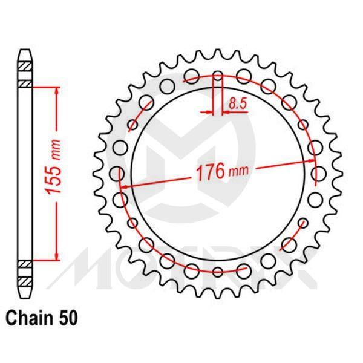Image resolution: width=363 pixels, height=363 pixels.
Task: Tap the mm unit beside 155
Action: (55, 148)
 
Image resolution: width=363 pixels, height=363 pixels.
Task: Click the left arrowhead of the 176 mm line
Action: (123, 188)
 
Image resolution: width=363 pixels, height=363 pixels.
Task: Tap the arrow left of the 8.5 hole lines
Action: (209, 112)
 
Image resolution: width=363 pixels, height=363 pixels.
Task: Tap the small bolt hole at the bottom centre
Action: (218, 272)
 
